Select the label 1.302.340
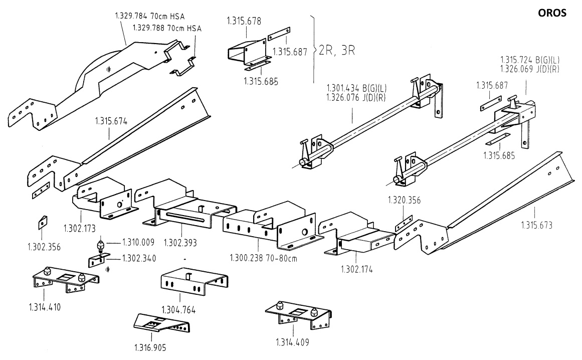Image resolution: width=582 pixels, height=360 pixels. (x=139, y=259)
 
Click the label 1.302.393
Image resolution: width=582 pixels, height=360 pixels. (x=180, y=242)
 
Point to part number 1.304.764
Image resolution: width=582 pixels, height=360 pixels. (x=178, y=310)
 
